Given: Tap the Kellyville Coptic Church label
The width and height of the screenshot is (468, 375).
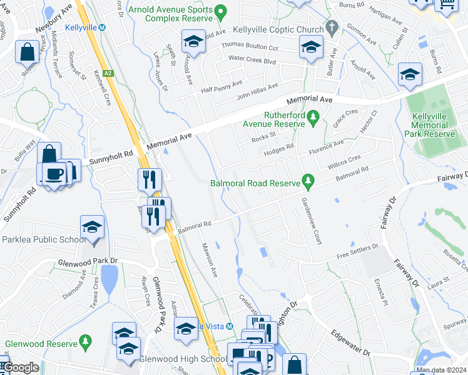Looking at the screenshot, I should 278,29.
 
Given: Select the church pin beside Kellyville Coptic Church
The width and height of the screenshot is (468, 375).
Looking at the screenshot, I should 332,29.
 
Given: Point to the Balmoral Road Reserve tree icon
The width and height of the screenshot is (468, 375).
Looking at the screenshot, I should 307,181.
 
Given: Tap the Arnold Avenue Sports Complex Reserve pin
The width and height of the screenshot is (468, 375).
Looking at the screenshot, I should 220,11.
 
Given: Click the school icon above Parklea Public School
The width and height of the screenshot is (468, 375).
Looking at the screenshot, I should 92,226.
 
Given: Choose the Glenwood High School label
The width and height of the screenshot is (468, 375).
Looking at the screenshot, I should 183,359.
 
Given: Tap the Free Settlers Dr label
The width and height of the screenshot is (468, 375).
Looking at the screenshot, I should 359,251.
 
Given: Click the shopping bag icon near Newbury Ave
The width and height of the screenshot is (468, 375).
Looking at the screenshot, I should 28,52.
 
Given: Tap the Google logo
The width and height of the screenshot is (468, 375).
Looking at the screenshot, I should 20,367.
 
